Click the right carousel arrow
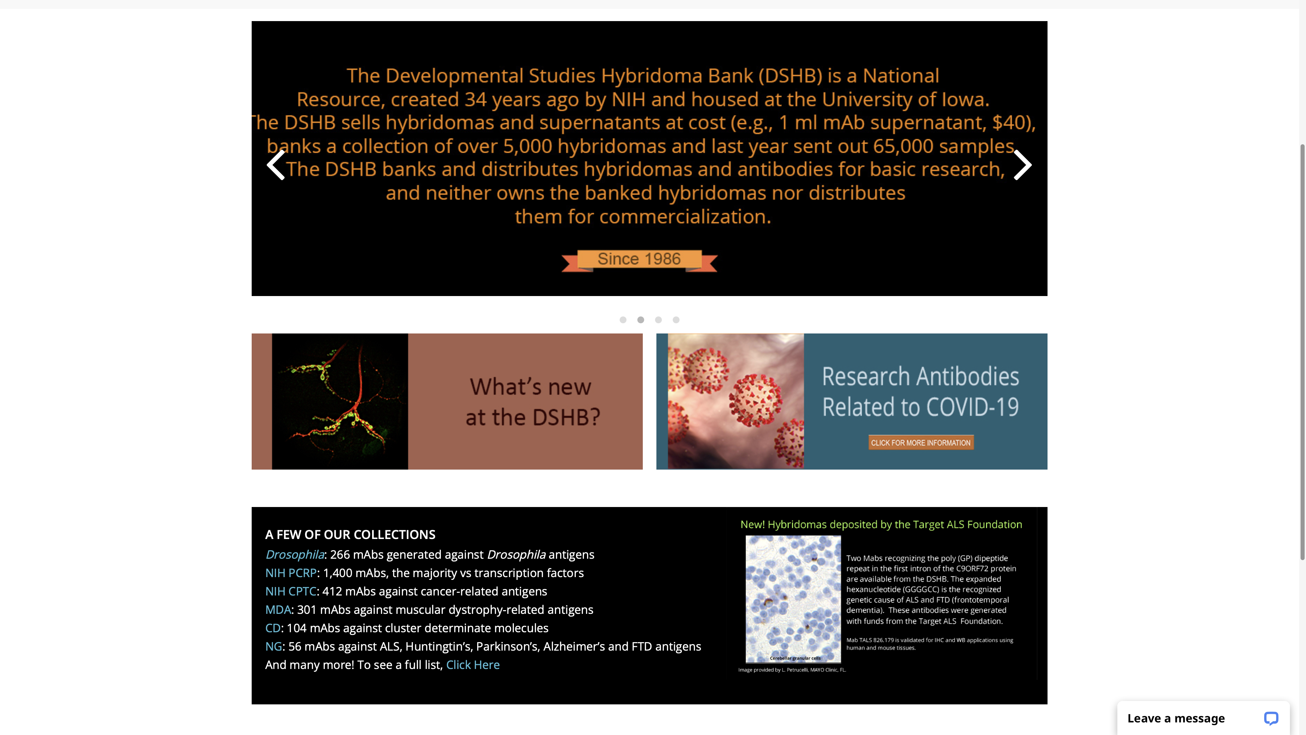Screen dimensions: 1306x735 [1023, 165]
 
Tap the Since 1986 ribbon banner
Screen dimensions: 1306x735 [639, 260]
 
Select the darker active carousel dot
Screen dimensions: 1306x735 [641, 320]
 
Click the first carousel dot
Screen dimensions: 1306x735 [623, 320]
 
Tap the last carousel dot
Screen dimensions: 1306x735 [676, 320]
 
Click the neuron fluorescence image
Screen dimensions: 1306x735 [340, 401]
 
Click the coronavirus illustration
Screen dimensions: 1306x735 [736, 401]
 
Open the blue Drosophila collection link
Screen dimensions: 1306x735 [295, 554]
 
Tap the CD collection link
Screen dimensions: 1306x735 [273, 628]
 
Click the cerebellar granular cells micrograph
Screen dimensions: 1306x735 [793, 599]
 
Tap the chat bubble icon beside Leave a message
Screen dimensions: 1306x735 [1271, 718]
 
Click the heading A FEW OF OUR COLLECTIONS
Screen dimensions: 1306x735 [350, 535]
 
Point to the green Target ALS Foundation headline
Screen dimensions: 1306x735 [881, 524]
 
